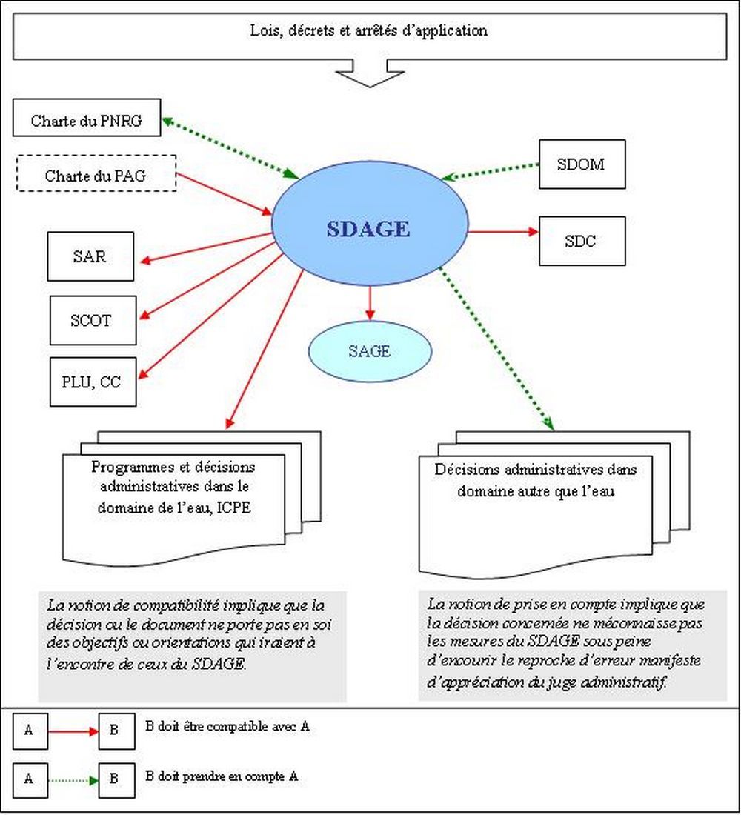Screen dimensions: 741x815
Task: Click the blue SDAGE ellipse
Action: pos(370,224)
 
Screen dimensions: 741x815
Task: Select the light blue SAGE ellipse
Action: pos(370,351)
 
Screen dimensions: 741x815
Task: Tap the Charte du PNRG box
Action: pos(87,118)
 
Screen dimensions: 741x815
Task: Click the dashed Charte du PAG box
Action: pos(96,173)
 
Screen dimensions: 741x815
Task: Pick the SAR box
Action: pos(90,256)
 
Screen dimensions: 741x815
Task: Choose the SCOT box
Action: pos(93,320)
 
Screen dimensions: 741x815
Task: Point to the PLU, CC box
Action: pos(93,382)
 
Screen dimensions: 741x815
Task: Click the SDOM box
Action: pos(582,164)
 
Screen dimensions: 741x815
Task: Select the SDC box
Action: pos(582,242)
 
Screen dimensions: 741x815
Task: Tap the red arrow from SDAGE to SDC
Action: pos(503,232)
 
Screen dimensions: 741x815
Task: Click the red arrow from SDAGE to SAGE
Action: pos(370,303)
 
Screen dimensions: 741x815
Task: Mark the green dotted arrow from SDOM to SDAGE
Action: pos(491,172)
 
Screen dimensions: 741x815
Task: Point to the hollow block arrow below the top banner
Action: pos(370,73)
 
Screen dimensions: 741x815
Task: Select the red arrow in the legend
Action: pos(73,731)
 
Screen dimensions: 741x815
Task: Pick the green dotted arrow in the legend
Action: pos(73,780)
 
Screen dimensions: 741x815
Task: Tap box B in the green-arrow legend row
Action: pos(117,780)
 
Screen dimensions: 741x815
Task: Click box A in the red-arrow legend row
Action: pos(30,731)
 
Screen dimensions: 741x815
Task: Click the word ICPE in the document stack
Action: pos(233,508)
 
